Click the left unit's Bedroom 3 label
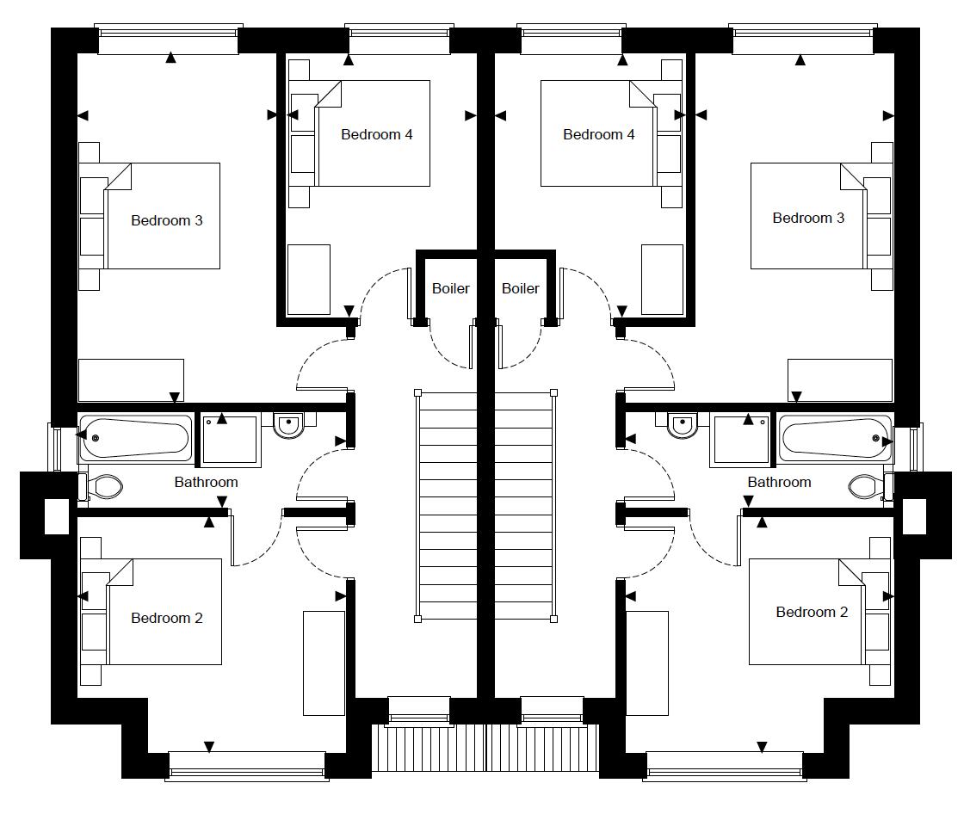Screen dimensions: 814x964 167,220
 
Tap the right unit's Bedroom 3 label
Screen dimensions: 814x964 808,218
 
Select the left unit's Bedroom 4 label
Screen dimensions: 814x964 376,134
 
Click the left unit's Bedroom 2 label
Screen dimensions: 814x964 167,618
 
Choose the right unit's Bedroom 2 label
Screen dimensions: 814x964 812,612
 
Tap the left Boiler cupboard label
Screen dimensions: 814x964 450,288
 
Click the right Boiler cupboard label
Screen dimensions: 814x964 521,288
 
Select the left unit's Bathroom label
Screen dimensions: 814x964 206,482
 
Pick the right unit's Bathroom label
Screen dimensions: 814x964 779,482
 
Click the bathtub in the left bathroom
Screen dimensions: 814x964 135,438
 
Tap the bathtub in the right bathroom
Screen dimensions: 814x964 836,438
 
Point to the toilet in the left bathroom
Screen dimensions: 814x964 103,487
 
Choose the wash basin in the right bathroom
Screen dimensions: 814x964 683,424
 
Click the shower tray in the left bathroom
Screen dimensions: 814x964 230,441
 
